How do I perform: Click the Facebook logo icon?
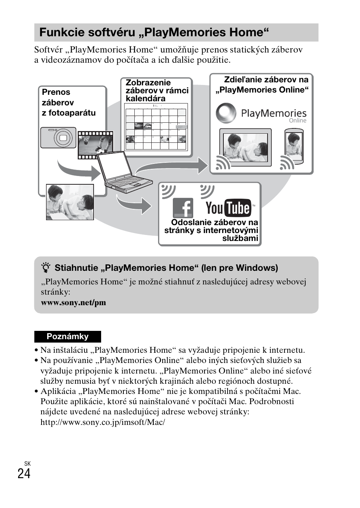[183, 208]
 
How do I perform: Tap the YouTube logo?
[229, 208]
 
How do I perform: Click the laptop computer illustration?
[123, 172]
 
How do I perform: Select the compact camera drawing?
[58, 137]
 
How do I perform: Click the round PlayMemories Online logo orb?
[226, 113]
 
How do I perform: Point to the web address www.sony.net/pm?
[74, 303]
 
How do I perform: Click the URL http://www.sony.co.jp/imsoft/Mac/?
[103, 422]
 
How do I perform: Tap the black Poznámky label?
[68, 337]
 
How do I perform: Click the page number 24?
[24, 474]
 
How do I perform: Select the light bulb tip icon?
[46, 268]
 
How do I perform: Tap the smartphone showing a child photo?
[294, 147]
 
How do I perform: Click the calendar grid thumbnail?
[156, 127]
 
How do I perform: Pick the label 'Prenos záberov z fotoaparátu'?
[69, 102]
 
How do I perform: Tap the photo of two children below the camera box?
[70, 202]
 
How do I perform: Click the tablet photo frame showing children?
[246, 148]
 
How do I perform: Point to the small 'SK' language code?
[27, 463]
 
